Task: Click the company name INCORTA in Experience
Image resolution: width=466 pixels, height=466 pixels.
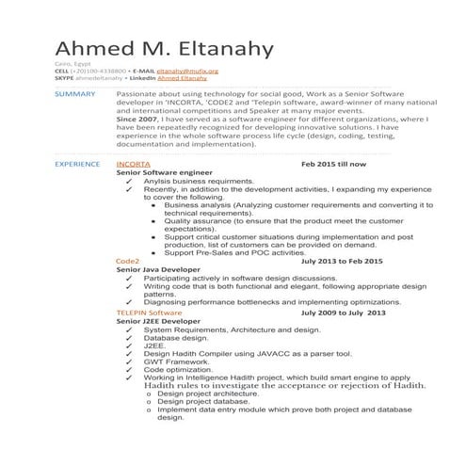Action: point(133,164)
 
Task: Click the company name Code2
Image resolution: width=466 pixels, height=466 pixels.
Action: point(127,260)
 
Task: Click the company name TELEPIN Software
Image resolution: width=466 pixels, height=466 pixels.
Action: point(149,312)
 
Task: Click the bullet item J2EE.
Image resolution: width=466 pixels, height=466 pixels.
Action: point(154,345)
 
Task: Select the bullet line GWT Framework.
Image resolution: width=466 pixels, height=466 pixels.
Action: point(177,362)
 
